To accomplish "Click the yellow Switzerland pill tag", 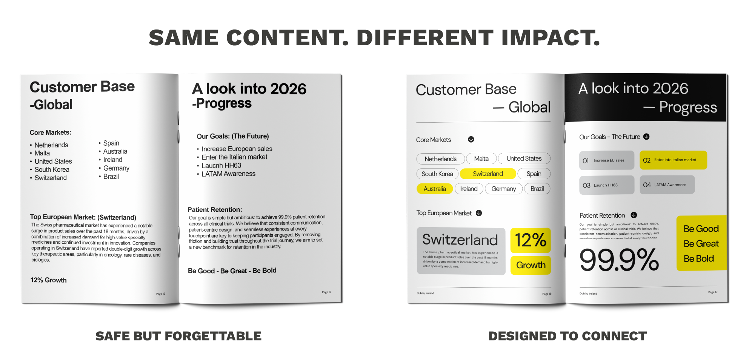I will click(x=488, y=174).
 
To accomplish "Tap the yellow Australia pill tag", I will click(x=434, y=189).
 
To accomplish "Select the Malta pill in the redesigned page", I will click(x=481, y=159).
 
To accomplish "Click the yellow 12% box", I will click(x=530, y=240).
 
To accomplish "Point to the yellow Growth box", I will click(x=531, y=265).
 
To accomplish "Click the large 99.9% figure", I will click(x=619, y=260).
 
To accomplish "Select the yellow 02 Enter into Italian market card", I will click(x=673, y=160).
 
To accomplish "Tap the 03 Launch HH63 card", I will click(x=606, y=185).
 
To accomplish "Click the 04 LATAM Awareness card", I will click(x=667, y=185).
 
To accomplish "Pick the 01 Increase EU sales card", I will click(x=606, y=160).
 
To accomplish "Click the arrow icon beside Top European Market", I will click(x=479, y=213).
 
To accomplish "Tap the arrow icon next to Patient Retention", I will click(x=634, y=215).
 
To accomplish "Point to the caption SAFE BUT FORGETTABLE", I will click(x=178, y=336).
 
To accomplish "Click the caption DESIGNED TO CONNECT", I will click(x=568, y=336).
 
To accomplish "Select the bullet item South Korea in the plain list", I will click(x=52, y=169).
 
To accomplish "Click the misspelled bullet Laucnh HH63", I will click(x=221, y=165).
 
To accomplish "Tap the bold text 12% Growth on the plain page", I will click(x=48, y=280).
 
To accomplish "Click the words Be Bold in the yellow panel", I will click(x=698, y=258).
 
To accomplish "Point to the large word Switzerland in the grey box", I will click(x=460, y=240).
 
